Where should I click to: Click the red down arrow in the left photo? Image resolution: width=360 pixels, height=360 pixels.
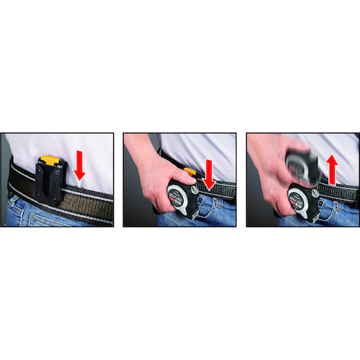click(80, 165)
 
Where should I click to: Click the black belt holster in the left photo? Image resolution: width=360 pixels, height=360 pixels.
click(50, 184)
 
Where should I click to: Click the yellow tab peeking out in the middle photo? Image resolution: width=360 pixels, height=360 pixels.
click(189, 172)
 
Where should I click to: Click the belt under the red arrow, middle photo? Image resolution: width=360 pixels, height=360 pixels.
click(220, 191)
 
